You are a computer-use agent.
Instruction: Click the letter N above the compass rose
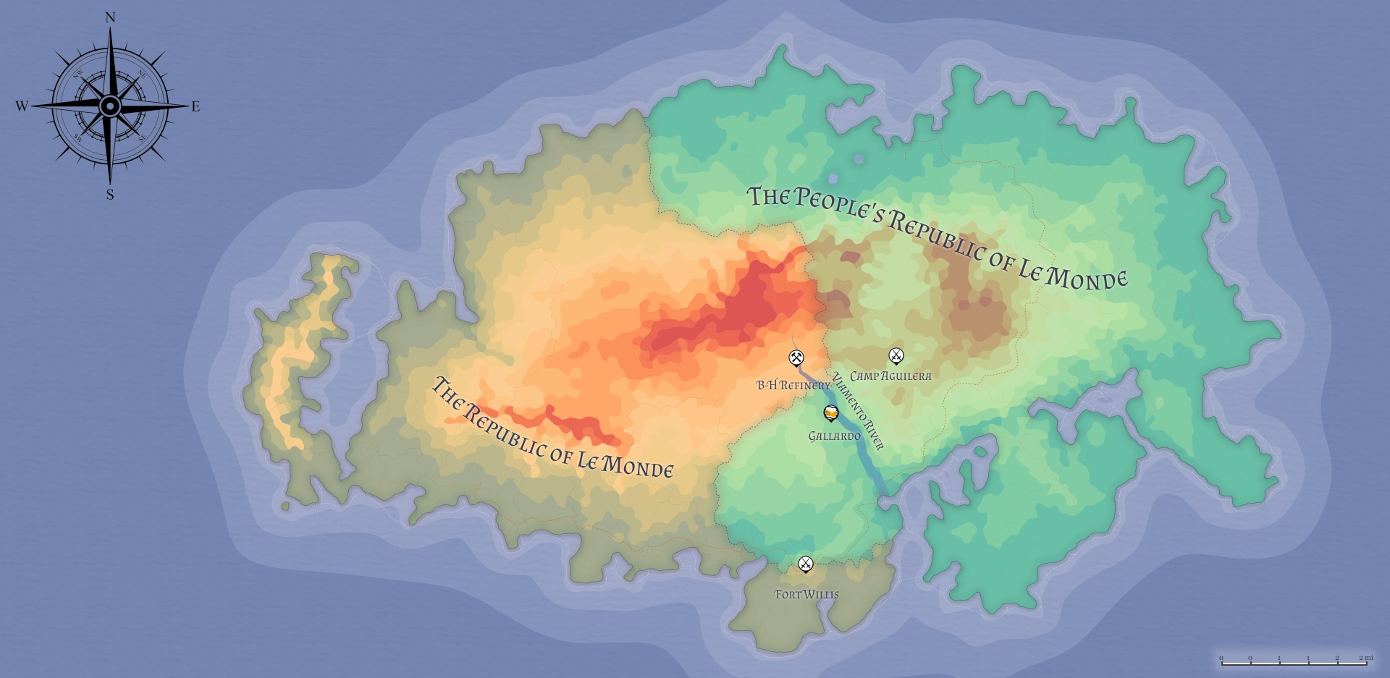pos(110,17)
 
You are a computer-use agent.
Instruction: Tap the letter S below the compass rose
pos(110,195)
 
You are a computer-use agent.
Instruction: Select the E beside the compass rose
pos(195,107)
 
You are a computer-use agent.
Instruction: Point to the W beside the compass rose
pos(22,106)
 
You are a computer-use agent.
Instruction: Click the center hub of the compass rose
pos(110,106)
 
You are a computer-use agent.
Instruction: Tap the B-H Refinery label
pos(793,386)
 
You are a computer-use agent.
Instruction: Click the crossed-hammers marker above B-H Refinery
pos(796,357)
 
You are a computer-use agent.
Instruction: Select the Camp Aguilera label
pos(890,376)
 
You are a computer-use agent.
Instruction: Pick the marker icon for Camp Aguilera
pos(896,355)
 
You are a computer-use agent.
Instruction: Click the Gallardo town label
pos(835,436)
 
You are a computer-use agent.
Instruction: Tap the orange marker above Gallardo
pos(831,413)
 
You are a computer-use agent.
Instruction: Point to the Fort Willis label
pos(806,595)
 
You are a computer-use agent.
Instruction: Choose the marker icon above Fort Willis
pos(806,564)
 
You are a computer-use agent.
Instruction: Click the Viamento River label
pos(858,411)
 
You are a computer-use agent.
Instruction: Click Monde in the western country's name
pos(637,465)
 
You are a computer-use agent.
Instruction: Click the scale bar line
pos(1294,663)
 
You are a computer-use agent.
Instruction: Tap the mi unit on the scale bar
pos(1368,658)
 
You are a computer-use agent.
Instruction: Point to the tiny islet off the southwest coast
pos(286,506)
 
